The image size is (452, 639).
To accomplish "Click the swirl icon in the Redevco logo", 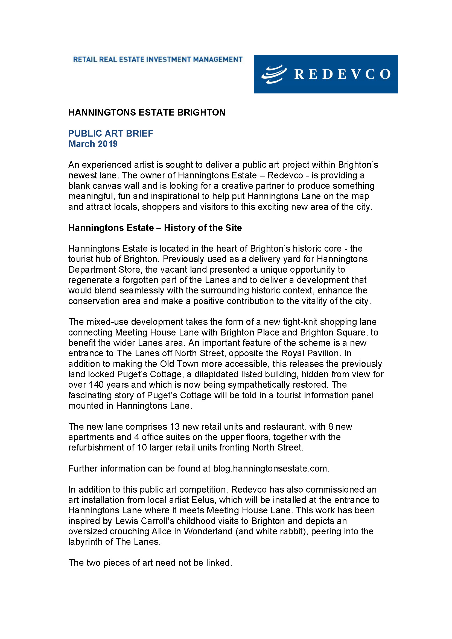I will [274, 74].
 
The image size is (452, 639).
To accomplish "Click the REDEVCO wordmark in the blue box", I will [342, 74].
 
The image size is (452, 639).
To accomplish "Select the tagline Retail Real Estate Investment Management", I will [158, 60].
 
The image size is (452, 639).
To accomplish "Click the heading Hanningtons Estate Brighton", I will [147, 113].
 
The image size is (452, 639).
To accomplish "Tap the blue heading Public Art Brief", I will [110, 134].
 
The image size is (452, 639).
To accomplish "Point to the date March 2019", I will [93, 144].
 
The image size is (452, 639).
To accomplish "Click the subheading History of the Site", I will [203, 228].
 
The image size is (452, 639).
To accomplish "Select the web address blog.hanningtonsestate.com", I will [271, 469].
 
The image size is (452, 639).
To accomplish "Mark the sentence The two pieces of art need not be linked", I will [150, 563].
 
